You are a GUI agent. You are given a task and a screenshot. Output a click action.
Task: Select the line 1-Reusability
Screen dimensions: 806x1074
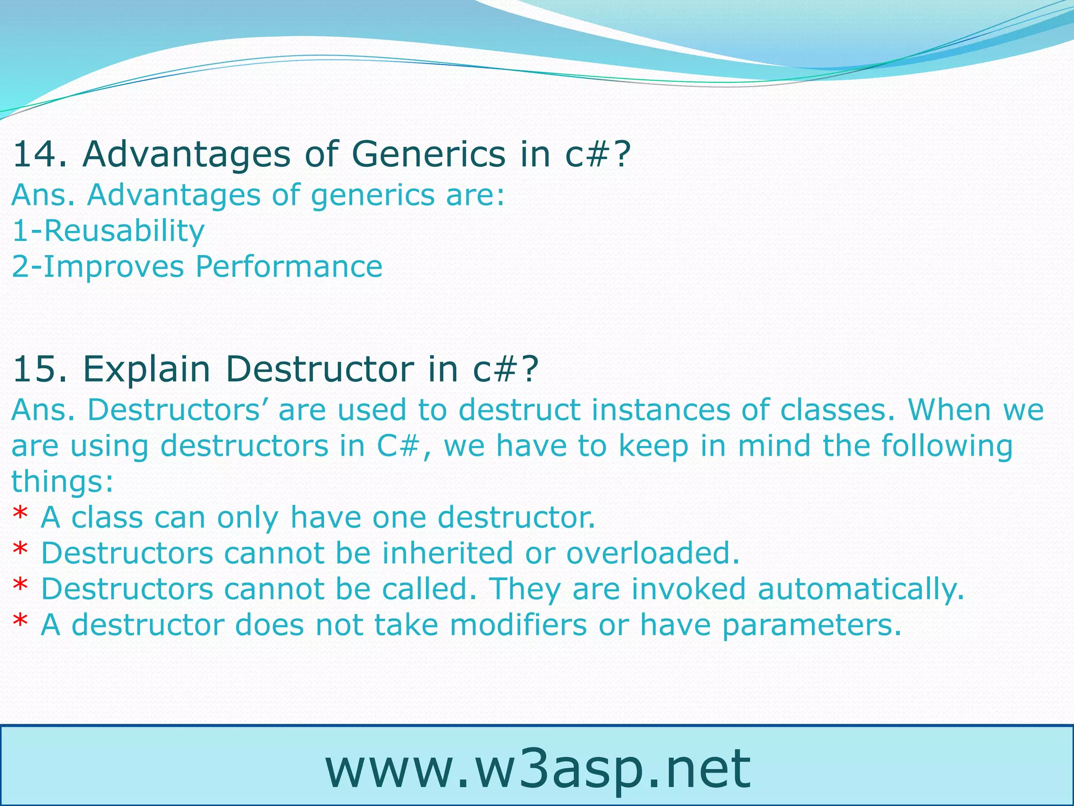[108, 231]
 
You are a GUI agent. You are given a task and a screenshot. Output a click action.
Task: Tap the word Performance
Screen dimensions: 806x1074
[288, 267]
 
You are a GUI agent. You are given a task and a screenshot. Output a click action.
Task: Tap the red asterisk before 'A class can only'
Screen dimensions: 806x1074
[20, 516]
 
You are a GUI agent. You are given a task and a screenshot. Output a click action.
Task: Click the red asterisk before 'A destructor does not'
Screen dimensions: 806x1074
[20, 624]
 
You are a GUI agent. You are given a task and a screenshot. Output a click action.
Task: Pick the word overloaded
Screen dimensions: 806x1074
[652, 553]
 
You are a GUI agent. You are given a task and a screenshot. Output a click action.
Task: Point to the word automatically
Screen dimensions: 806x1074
[860, 589]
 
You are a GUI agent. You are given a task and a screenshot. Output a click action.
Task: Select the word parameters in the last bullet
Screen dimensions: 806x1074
[811, 625]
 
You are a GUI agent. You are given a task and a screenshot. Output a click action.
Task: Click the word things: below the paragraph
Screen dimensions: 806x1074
[62, 481]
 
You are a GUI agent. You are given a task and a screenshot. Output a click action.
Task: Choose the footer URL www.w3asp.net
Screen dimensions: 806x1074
[537, 769]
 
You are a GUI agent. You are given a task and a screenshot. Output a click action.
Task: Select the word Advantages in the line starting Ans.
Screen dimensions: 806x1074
[174, 195]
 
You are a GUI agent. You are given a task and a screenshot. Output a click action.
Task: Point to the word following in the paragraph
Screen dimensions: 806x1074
[946, 446]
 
